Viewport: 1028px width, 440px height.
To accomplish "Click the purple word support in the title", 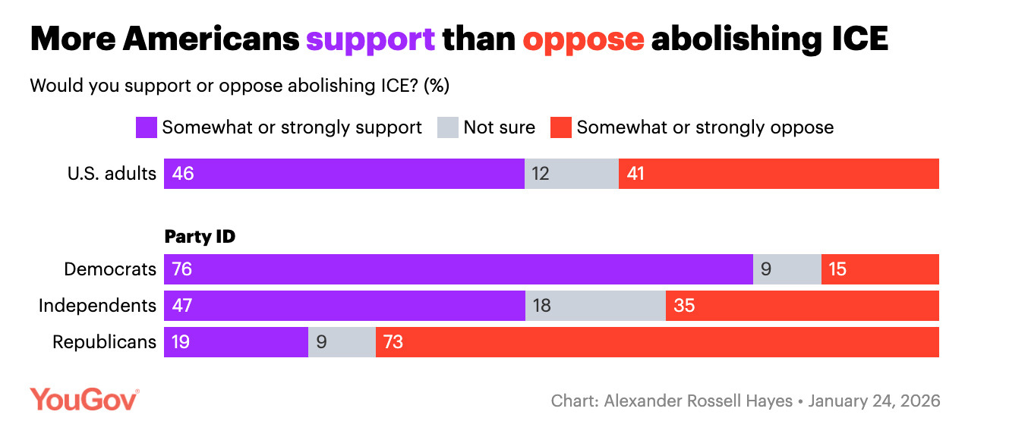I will [370, 39].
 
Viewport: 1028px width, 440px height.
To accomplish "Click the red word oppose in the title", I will [583, 39].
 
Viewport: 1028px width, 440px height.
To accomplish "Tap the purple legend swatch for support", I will [146, 127].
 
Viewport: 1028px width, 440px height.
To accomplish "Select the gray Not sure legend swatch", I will [448, 127].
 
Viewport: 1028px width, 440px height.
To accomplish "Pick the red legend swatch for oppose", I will [560, 127].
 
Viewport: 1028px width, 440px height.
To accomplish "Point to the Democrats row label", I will [110, 269].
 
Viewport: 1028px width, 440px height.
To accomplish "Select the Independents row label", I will [98, 306].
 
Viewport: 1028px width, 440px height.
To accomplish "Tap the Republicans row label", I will [104, 342].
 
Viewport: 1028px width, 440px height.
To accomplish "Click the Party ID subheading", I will [200, 237].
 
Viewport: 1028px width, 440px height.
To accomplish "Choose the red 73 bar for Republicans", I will [657, 342].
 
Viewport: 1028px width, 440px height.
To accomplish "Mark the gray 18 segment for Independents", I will [595, 306].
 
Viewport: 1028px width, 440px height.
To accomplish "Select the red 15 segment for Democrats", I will [880, 269].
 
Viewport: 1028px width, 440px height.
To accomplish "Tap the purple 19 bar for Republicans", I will [235, 342].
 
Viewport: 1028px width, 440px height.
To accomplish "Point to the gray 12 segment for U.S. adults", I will [571, 174].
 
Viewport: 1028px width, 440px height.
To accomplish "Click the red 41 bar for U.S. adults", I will [778, 174].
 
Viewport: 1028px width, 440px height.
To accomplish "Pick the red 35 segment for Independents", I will [802, 306].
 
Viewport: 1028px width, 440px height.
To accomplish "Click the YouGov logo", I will [84, 399].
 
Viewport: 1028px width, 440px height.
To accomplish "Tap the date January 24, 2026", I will [874, 401].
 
